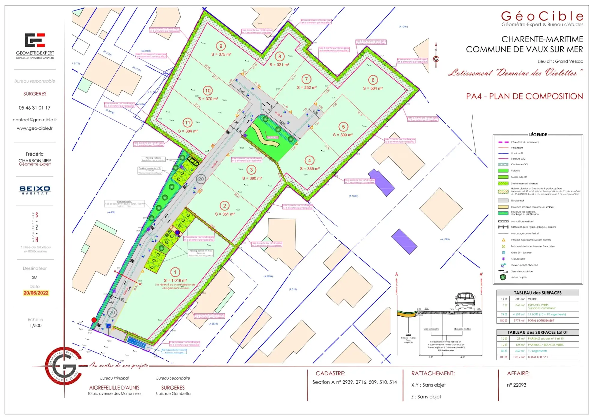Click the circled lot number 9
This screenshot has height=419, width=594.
[x=221, y=46]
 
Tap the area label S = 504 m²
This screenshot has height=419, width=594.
[x=373, y=88]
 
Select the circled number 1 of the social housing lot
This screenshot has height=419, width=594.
[x=175, y=272]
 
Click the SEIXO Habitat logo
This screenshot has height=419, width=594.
[x=35, y=190]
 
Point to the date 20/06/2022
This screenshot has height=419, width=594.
[x=36, y=293]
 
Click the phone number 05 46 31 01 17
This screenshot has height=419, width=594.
[x=34, y=108]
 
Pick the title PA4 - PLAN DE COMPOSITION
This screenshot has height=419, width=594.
[x=524, y=96]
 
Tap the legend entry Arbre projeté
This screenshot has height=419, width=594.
[x=519, y=277]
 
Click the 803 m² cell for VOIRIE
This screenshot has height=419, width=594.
[x=520, y=299]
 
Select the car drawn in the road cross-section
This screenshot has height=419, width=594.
[x=465, y=301]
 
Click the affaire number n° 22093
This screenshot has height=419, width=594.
[x=516, y=385]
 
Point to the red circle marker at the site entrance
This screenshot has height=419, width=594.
[x=94, y=320]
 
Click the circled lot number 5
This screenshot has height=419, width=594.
[x=343, y=127]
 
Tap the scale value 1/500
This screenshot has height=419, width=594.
[x=35, y=326]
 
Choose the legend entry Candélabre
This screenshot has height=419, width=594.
[x=518, y=259]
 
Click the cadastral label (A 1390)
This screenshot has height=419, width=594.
[x=353, y=196]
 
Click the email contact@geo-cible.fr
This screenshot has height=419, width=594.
[x=34, y=120]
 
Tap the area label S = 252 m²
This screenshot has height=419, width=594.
[x=307, y=88]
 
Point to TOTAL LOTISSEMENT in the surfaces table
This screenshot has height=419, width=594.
[x=541, y=320]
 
